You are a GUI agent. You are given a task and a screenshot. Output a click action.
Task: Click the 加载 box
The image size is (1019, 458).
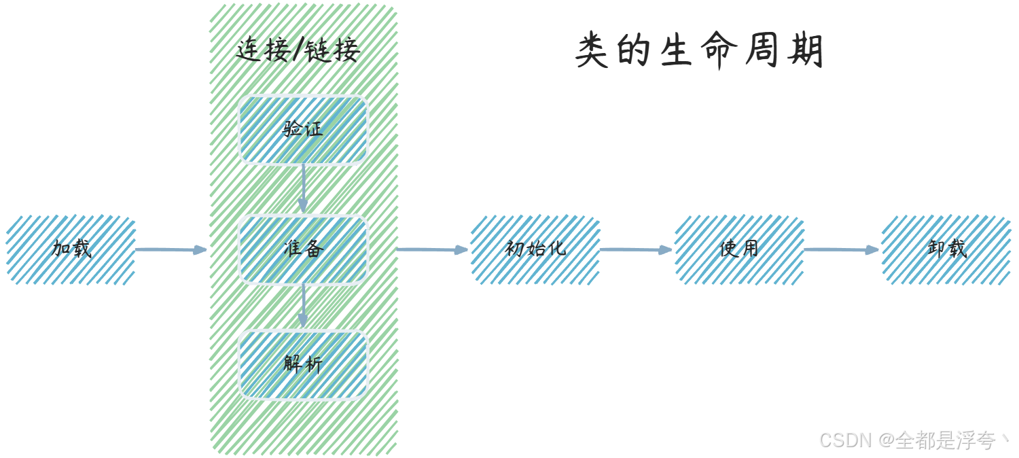point(71,249)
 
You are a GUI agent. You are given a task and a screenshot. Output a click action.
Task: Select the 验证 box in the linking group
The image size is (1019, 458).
point(303,130)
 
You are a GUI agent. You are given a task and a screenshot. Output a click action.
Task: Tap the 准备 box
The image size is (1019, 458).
point(303,249)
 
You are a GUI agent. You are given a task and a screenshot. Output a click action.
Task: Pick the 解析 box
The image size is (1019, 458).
point(303,364)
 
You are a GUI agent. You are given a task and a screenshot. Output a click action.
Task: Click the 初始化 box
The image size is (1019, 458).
point(535,249)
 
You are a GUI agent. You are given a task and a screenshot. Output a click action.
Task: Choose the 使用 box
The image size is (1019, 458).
point(739,249)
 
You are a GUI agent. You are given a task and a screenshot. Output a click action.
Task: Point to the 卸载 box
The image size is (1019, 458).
point(946,249)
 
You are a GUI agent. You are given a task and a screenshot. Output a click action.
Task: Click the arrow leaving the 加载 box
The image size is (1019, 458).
point(171,249)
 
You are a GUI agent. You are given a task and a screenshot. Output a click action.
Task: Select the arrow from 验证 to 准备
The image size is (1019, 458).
point(303,189)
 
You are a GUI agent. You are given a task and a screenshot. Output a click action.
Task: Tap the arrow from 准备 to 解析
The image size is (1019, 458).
point(303,306)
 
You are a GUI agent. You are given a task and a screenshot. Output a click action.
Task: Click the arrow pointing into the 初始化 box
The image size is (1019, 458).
point(433,249)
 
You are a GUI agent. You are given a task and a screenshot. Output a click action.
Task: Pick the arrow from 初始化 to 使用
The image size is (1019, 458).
point(637,249)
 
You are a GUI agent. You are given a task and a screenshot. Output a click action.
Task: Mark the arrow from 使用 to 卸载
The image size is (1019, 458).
point(842,249)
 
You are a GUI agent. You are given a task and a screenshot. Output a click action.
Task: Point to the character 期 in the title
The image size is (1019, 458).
point(806,52)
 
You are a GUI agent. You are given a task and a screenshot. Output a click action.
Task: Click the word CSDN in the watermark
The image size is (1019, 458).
point(844,440)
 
